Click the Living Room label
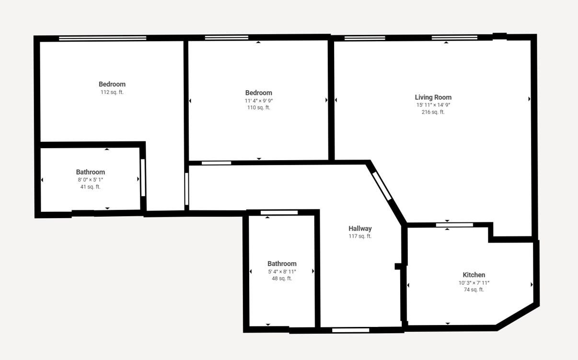[x=433, y=97]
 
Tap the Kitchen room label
[x=474, y=275]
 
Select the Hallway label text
[x=360, y=229]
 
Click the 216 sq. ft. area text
[x=433, y=112]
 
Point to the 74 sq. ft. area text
[x=474, y=290]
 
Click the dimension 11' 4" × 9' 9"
[x=258, y=101]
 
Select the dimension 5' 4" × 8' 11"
[x=282, y=272]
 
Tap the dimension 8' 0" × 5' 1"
[x=90, y=180]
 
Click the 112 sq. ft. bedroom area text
[x=112, y=92]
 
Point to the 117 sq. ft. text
[x=360, y=236]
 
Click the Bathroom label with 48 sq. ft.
[x=282, y=264]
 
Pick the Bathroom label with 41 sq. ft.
[x=90, y=172]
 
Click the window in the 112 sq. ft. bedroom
[x=103, y=38]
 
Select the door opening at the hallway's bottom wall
[x=350, y=330]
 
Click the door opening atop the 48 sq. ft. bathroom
[x=279, y=212]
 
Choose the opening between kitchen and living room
[x=454, y=225]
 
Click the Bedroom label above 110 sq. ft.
[x=258, y=93]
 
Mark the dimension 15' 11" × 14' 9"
[x=433, y=105]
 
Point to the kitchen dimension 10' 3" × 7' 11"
[x=474, y=283]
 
